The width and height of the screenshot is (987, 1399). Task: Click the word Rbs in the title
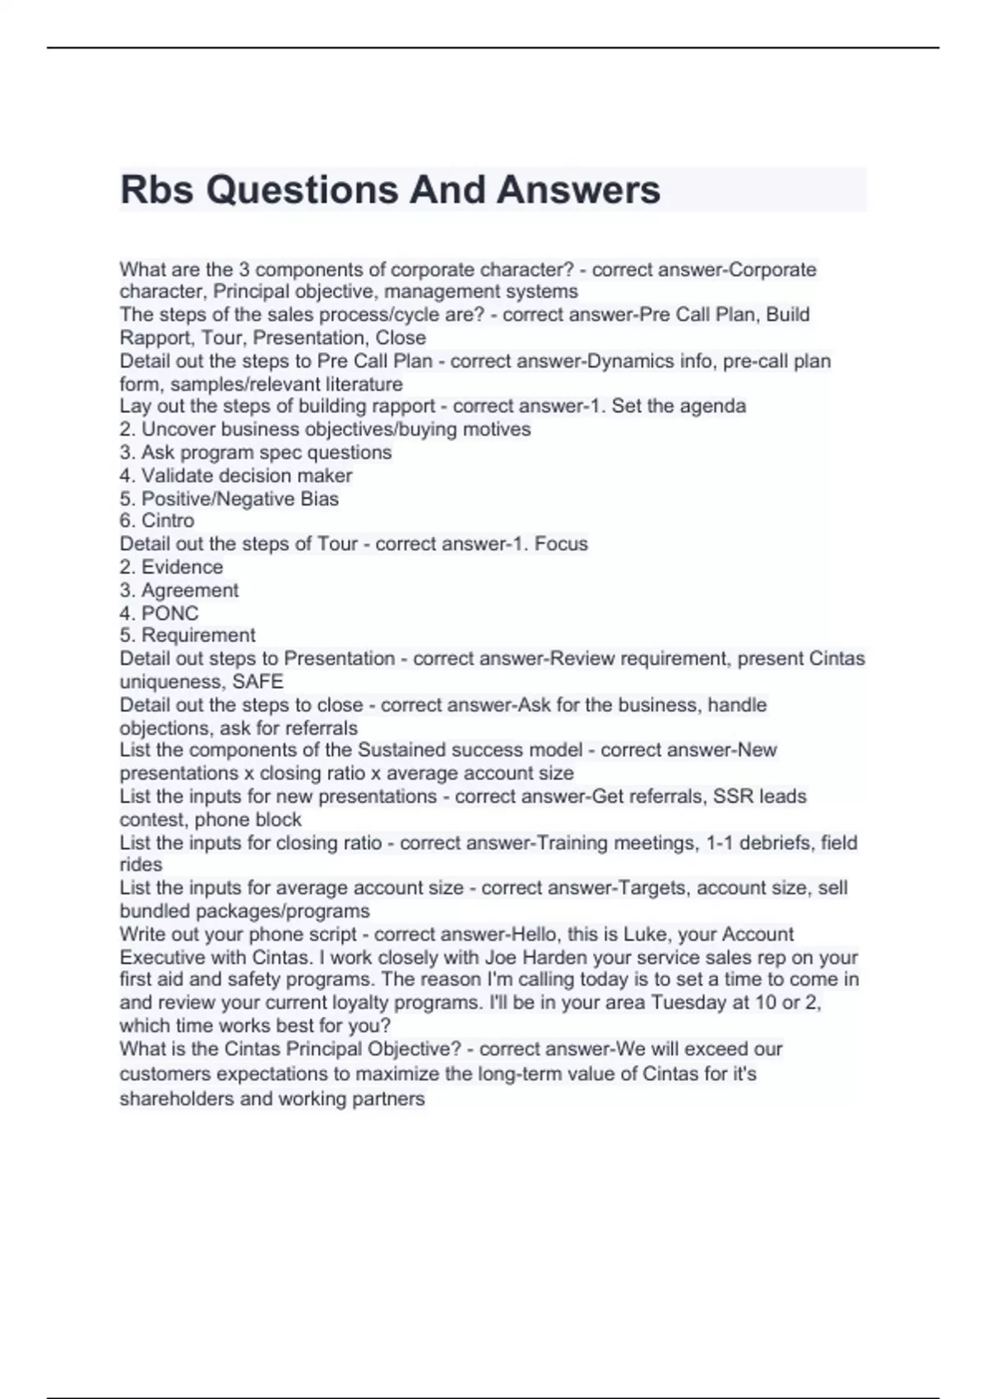[x=157, y=190]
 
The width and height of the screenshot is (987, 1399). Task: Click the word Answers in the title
[x=578, y=190]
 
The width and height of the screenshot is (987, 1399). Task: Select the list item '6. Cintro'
[x=157, y=521]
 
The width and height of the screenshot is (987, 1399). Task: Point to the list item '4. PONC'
[x=159, y=613]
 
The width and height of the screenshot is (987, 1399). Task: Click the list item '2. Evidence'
[x=171, y=567]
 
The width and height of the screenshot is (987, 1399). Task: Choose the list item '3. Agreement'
[x=179, y=590]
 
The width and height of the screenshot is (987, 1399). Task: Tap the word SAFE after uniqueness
[x=257, y=681]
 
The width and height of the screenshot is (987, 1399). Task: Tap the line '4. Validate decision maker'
[x=236, y=476]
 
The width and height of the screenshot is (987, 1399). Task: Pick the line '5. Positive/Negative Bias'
[x=229, y=499]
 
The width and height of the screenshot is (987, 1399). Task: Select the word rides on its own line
[x=141, y=865]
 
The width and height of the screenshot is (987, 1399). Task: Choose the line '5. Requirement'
[x=188, y=635]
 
